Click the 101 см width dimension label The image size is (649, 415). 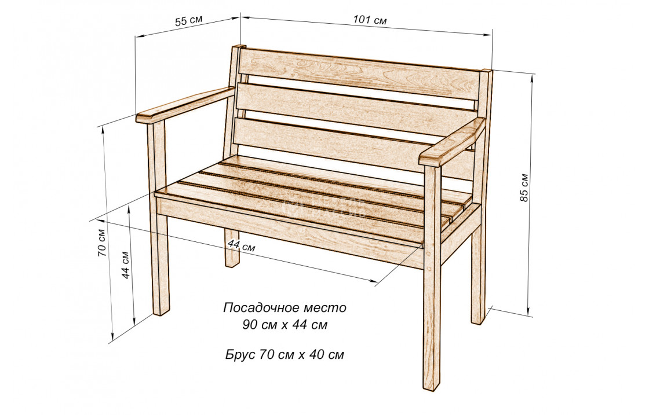(x=370, y=20)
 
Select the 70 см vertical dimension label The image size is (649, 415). (x=101, y=243)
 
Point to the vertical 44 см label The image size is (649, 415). (x=126, y=265)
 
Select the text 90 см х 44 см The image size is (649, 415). (x=285, y=325)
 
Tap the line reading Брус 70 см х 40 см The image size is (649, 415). (x=285, y=354)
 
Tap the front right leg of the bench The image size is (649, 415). (x=432, y=324)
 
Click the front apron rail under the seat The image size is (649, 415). (x=290, y=229)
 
